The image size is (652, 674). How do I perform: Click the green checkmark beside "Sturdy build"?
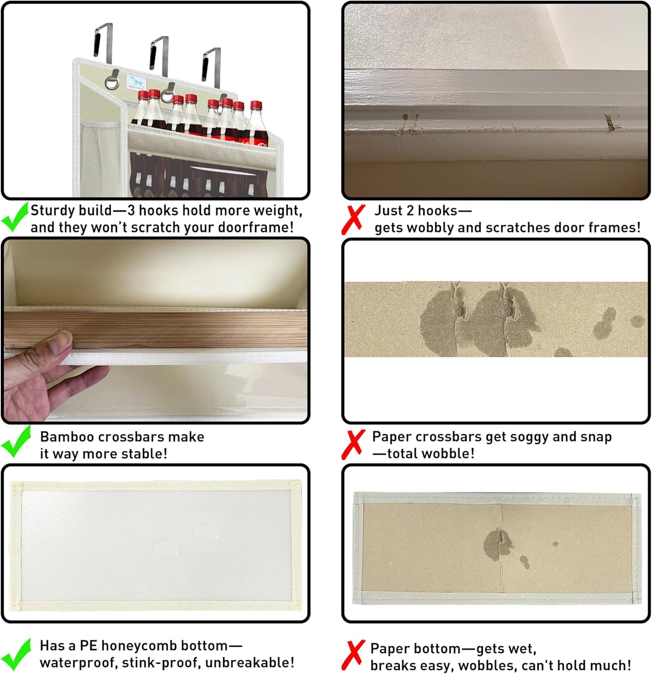point(15,217)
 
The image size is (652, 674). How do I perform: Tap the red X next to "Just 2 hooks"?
point(353,220)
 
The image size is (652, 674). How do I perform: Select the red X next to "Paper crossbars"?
point(353,444)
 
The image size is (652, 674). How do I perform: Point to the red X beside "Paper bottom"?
point(353,655)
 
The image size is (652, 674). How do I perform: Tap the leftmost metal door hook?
point(104,43)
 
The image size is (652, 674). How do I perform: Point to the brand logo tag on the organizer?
point(137,83)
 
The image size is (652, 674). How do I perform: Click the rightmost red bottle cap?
point(256,105)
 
